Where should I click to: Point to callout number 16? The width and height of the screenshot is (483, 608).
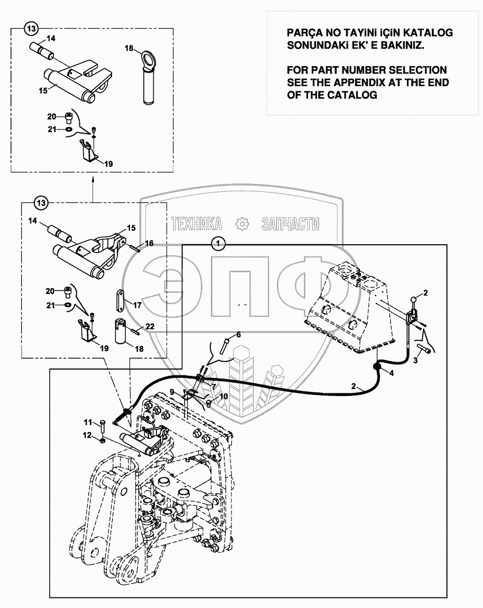(x=150, y=243)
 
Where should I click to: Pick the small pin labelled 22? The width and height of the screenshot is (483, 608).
(x=135, y=331)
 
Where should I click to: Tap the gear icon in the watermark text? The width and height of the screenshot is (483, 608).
(x=243, y=224)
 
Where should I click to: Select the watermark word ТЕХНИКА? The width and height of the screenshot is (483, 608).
(x=196, y=224)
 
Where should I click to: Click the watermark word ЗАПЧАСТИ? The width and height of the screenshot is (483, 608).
(x=290, y=224)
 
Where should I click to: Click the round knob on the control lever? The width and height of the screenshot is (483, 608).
(x=413, y=301)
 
